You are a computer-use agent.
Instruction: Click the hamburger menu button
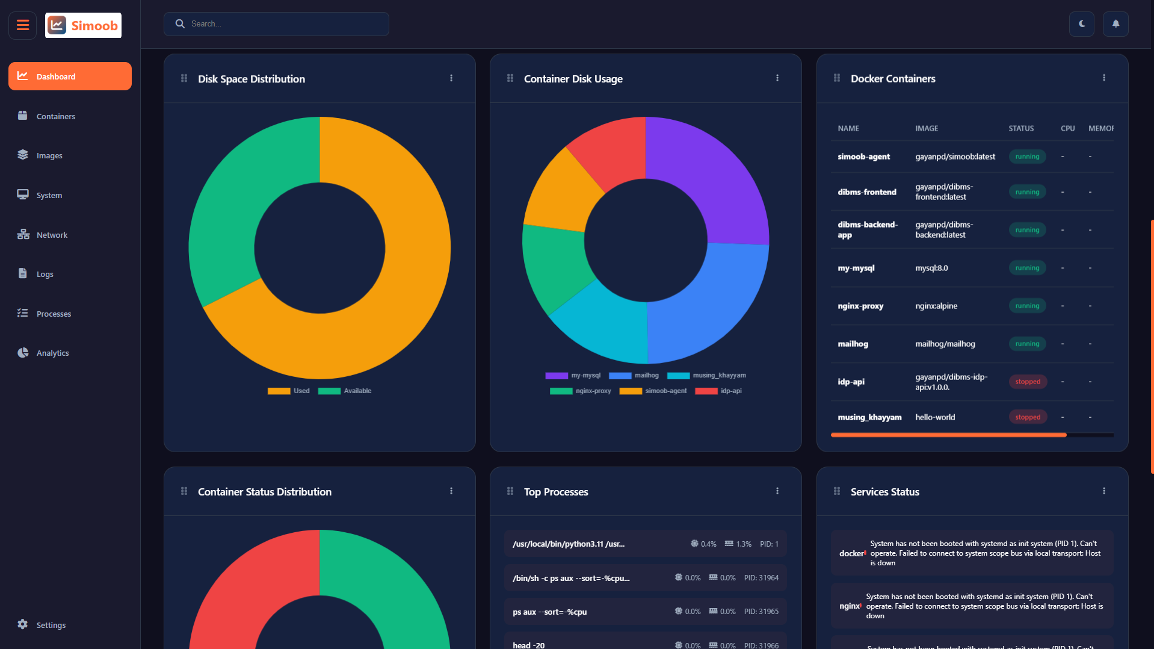[23, 25]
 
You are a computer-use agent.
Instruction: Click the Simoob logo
[83, 25]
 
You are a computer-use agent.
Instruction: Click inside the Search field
[283, 24]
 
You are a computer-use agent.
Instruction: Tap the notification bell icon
[1115, 24]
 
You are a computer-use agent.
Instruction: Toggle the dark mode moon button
[1081, 24]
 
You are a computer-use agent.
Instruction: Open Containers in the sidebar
[55, 116]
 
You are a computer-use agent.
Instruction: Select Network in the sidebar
[52, 235]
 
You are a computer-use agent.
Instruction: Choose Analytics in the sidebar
[52, 353]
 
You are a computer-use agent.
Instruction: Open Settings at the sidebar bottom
[51, 625]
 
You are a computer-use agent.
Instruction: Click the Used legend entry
[289, 391]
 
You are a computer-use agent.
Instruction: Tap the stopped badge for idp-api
[1027, 382]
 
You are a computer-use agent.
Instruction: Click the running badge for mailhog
[1027, 344]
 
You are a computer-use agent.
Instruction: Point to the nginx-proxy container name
[860, 306]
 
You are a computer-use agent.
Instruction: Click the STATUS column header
[1020, 128]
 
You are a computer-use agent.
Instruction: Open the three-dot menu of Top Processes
[777, 491]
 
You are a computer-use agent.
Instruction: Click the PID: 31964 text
[761, 578]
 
